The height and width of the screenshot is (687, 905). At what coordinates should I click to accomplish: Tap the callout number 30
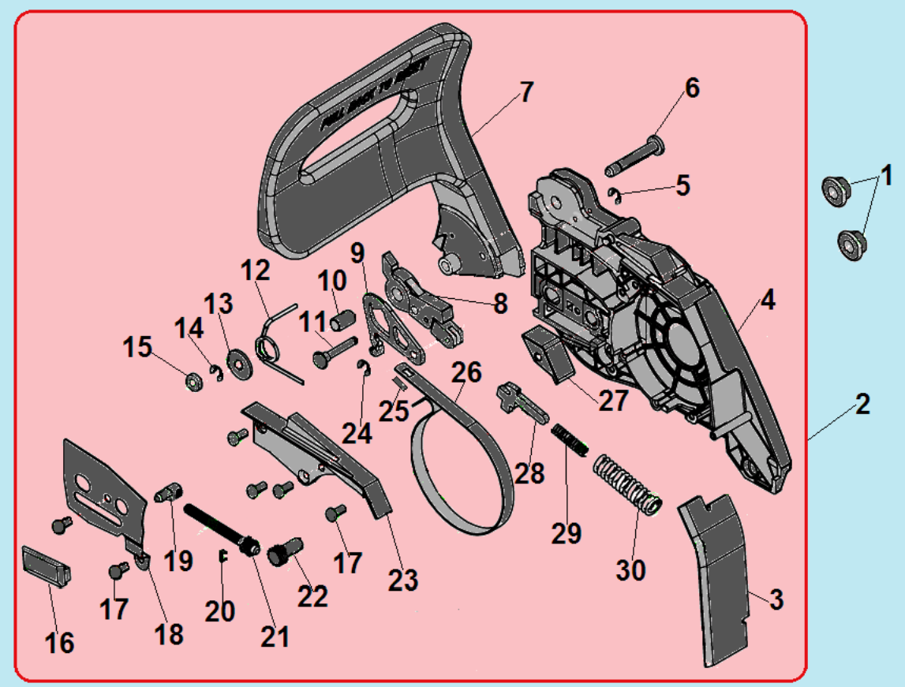pos(630,569)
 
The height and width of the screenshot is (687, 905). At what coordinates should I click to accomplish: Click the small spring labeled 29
pos(570,439)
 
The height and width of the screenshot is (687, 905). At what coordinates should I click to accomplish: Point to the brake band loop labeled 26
pos(458,465)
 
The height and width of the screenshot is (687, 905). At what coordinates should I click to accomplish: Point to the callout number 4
pos(768,301)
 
